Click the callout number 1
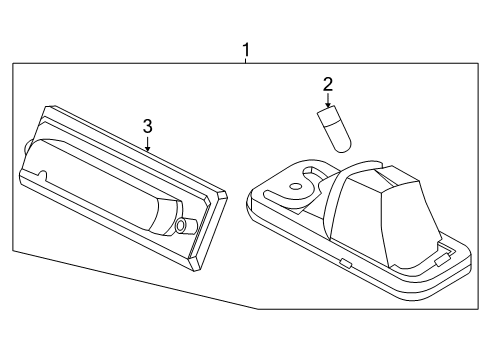pyautogui.click(x=246, y=47)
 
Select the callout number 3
pyautogui.click(x=147, y=125)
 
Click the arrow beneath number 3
pyautogui.click(x=147, y=142)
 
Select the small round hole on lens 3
pyautogui.click(x=181, y=226)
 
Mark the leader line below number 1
pyautogui.click(x=246, y=59)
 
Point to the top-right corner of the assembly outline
pyautogui.click(x=475, y=64)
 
